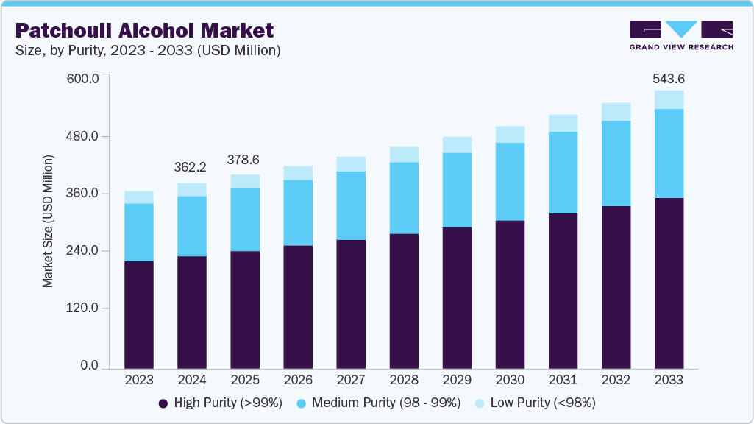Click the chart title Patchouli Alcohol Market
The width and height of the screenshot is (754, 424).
click(144, 30)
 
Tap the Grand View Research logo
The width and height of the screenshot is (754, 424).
click(681, 35)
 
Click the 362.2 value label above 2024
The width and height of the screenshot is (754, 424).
click(191, 168)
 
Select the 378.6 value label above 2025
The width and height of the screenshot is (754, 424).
click(244, 160)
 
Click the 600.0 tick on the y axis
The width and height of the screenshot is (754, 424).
click(82, 79)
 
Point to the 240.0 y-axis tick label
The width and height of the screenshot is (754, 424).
click(82, 251)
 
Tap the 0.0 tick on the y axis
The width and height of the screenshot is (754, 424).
click(89, 366)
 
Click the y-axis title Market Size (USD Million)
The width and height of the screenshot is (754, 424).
click(48, 221)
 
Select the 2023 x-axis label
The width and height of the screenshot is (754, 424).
click(139, 381)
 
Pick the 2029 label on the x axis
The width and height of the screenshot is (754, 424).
click(457, 381)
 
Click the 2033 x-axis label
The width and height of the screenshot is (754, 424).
click(669, 381)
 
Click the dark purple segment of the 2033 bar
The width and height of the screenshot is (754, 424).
click(669, 283)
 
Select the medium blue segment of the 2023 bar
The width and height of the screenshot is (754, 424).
click(139, 233)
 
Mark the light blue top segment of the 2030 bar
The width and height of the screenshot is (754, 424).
click(510, 134)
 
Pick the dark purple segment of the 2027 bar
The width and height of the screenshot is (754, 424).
click(351, 304)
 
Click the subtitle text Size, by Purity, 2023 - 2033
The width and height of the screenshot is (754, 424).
click(148, 51)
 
